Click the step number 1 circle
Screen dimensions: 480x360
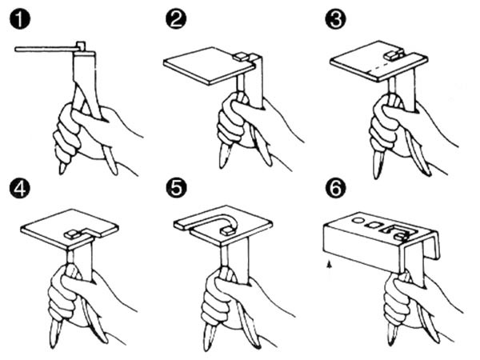(20, 19)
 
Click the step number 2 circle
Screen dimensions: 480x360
(176, 19)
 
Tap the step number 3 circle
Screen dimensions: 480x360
(335, 19)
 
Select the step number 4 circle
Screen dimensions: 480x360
(20, 188)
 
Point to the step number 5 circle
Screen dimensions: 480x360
(176, 188)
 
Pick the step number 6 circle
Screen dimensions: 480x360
(335, 188)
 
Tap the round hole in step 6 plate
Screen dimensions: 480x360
(357, 220)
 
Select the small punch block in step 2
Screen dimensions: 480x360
(240, 56)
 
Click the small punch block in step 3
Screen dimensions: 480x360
(392, 55)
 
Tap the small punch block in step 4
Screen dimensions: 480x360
(73, 234)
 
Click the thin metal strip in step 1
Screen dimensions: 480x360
(46, 49)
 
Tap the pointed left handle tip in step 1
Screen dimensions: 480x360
(62, 170)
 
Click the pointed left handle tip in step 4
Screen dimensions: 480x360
(53, 343)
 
